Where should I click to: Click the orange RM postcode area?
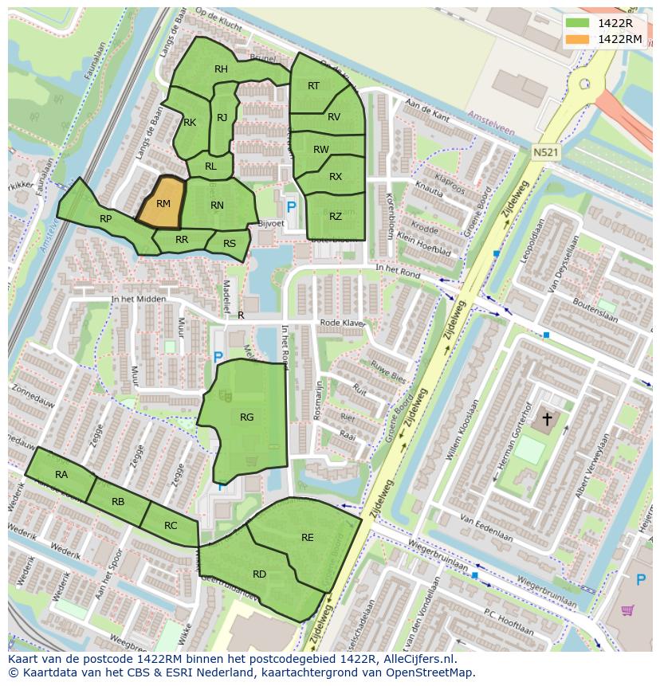pyautogui.click(x=163, y=204)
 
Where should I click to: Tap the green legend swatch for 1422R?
pyautogui.click(x=578, y=24)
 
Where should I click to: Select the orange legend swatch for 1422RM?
pyautogui.click(x=578, y=39)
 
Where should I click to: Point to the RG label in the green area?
pyautogui.click(x=246, y=417)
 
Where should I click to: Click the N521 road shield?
pyautogui.click(x=545, y=151)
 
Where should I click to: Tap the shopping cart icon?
pyautogui.click(x=627, y=610)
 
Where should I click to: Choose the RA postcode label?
pyautogui.click(x=61, y=474)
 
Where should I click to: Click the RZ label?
pyautogui.click(x=336, y=216)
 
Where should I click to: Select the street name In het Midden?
pyautogui.click(x=139, y=299)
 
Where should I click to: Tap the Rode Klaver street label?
pyautogui.click(x=342, y=323)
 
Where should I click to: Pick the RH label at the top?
pyautogui.click(x=221, y=69)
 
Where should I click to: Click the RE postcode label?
pyautogui.click(x=308, y=538)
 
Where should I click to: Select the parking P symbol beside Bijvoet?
pyautogui.click(x=291, y=206)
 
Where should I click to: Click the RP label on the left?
pyautogui.click(x=105, y=218)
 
